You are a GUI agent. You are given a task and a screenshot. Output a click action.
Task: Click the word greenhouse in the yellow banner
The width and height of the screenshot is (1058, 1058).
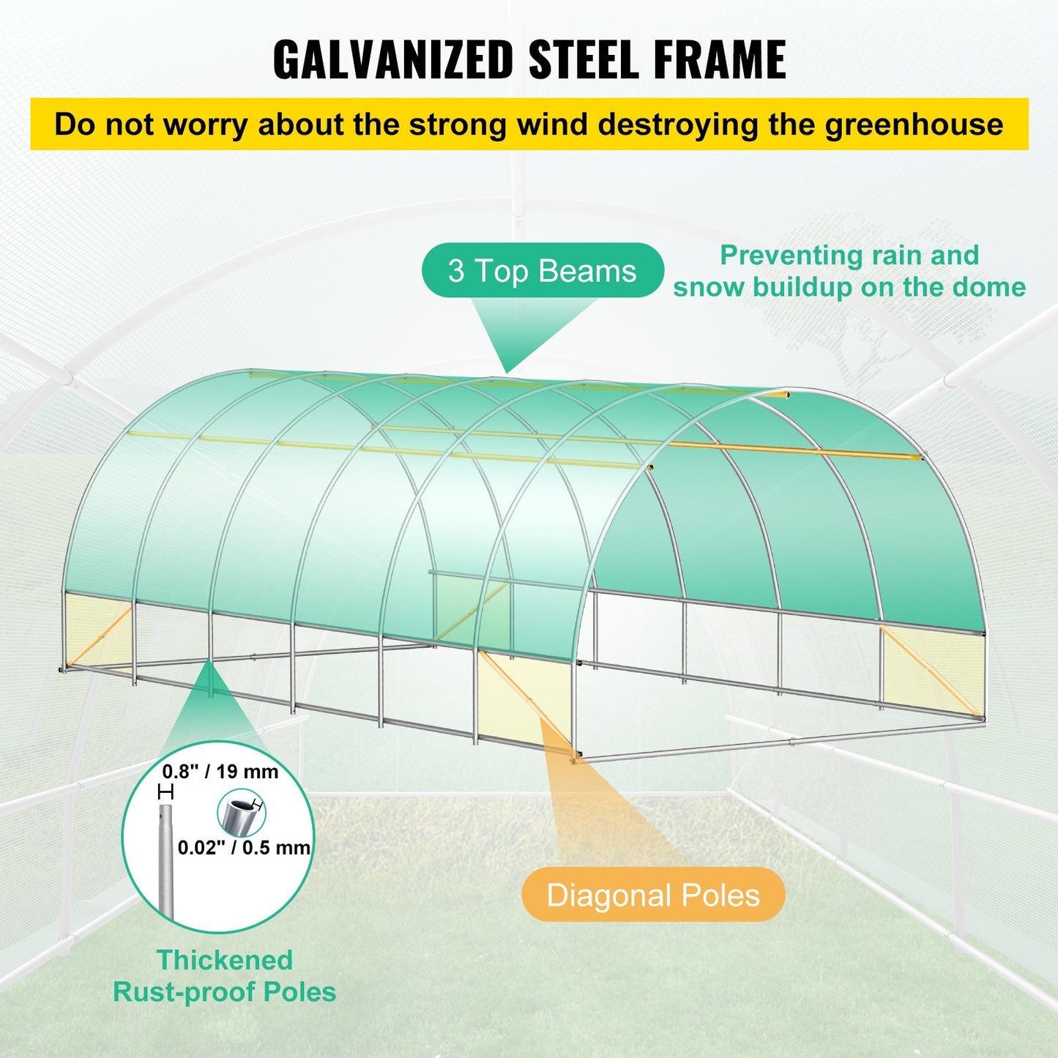[914, 124]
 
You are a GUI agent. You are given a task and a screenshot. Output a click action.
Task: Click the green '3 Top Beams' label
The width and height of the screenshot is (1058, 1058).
[543, 271]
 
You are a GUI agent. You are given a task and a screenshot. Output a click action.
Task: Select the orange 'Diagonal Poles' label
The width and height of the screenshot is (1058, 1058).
[653, 895]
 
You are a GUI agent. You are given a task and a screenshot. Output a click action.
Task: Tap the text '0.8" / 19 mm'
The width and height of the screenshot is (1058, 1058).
[220, 771]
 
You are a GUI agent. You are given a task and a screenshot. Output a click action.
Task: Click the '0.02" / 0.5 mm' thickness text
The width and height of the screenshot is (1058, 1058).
[244, 847]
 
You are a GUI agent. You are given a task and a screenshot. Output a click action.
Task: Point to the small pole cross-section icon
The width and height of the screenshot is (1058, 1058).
[239, 814]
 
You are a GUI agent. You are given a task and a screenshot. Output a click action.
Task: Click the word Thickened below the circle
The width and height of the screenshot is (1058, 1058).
[225, 959]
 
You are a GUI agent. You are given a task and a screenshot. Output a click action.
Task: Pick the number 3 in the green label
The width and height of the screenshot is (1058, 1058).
[456, 271]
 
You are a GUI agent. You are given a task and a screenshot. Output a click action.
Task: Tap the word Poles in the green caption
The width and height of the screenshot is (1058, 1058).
[299, 992]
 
